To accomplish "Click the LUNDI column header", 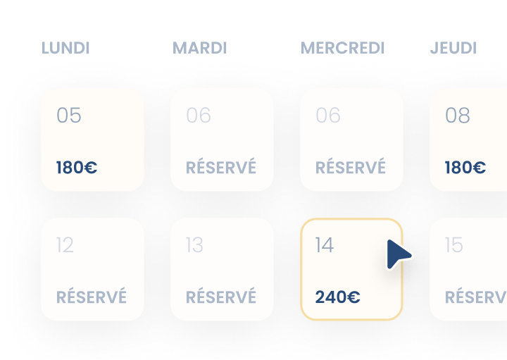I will pos(65,49).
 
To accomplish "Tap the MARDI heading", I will pos(200,49).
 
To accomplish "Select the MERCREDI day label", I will pos(343,49).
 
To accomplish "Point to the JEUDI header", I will pos(453,49).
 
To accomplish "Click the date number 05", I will pos(69,115).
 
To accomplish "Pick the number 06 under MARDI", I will pos(199,115).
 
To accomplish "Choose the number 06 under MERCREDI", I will pos(328,115).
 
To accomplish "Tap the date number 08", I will pos(458,115).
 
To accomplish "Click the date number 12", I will pos(65,244).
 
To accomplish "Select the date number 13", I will pos(194,244).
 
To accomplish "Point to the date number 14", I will pos(325,244).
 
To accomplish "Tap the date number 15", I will pos(454,244).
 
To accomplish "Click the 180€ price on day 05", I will pos(77,168).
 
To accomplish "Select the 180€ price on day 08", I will pos(465,168).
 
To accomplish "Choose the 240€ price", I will pos(337,297).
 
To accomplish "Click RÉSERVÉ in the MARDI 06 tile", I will pos(221,168).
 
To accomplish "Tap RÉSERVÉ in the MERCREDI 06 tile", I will pos(351,168).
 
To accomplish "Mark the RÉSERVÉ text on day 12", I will pos(92,297).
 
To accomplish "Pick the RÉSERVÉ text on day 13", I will pos(221,297).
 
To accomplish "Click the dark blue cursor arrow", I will pos(398,254).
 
